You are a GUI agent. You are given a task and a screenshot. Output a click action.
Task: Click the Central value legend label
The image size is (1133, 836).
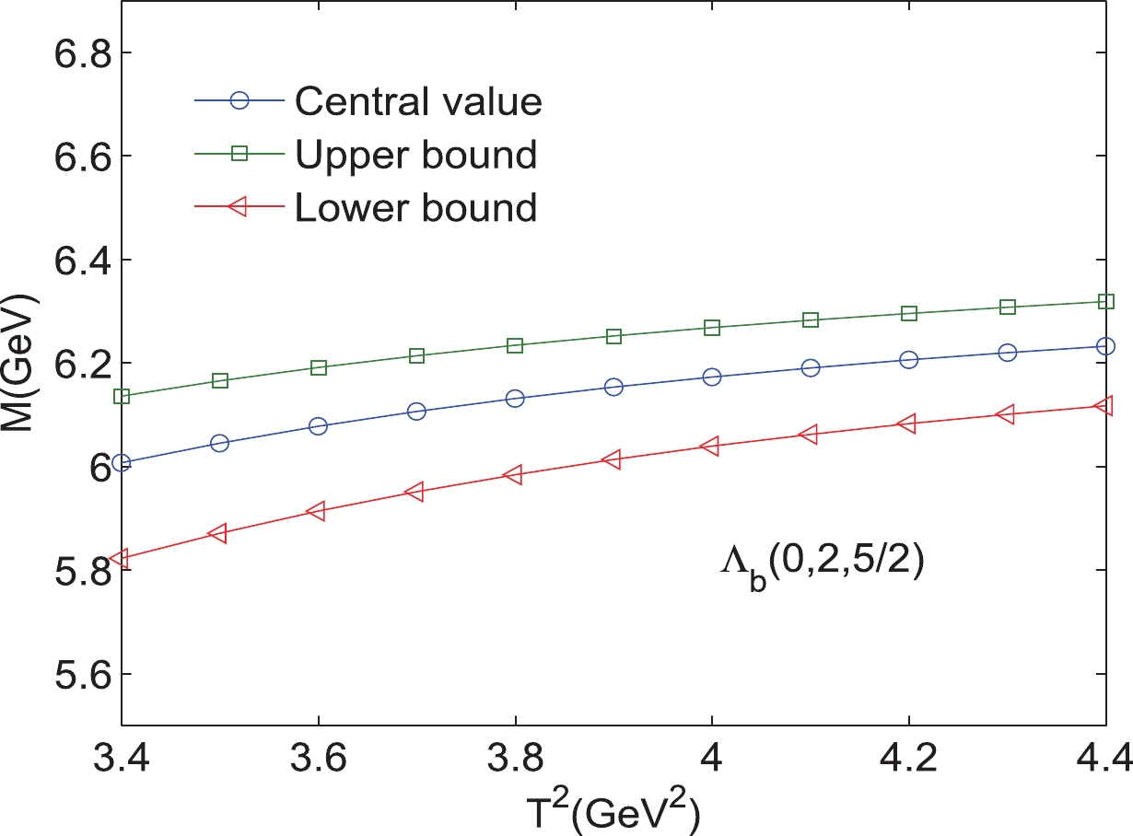(x=418, y=101)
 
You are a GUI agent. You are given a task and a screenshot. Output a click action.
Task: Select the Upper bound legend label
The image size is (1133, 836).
(x=415, y=155)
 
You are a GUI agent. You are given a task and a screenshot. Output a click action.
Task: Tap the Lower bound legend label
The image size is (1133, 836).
(x=415, y=208)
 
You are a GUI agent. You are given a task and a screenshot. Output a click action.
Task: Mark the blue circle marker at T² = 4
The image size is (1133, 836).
(x=711, y=377)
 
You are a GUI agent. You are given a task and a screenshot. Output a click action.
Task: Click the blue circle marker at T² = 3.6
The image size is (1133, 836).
(x=318, y=426)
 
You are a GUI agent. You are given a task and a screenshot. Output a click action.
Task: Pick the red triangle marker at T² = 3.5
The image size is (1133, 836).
(x=219, y=533)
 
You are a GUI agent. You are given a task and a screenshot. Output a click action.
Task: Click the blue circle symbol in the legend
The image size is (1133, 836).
(x=239, y=101)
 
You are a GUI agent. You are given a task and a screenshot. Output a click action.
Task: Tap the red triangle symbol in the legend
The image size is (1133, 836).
(x=239, y=208)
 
